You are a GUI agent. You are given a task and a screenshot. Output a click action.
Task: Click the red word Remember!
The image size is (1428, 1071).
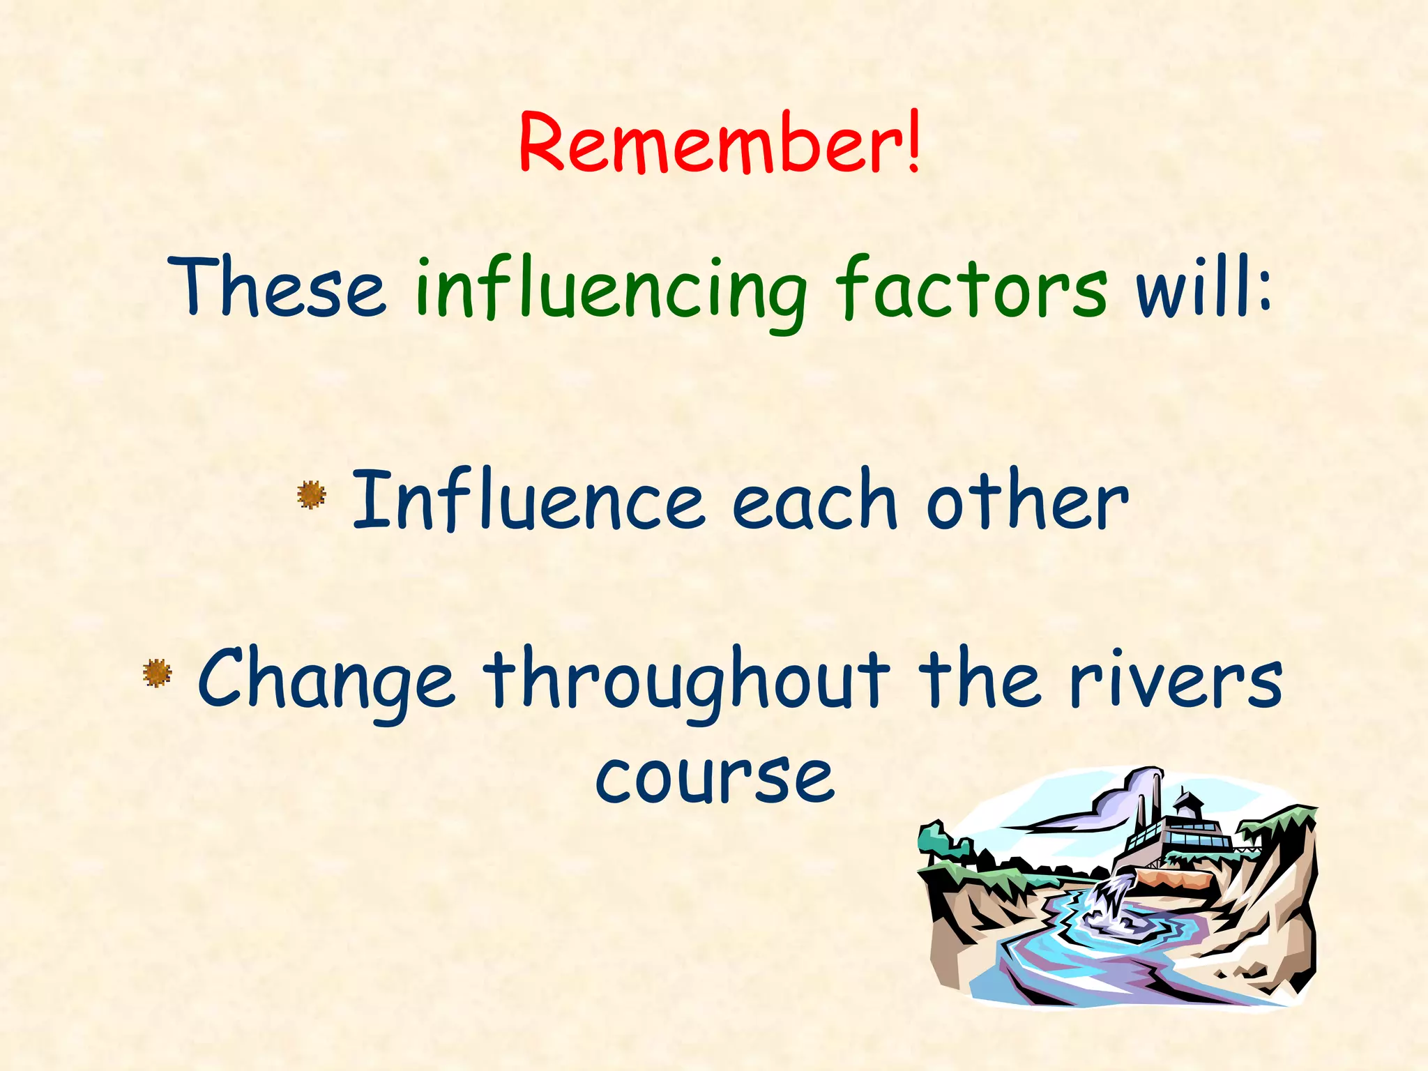coord(720,143)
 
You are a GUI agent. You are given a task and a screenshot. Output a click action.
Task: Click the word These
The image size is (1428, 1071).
coord(277,287)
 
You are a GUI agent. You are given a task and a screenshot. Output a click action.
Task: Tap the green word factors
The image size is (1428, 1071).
coord(971,287)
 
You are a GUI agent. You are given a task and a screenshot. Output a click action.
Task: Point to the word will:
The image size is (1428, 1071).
coord(1203,287)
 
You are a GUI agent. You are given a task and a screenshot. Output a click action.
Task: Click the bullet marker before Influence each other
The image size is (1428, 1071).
coord(311,494)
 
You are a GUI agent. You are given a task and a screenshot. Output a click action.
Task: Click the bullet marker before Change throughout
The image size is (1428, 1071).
coord(157,673)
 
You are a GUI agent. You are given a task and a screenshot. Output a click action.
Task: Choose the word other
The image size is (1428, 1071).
coord(1026,500)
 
